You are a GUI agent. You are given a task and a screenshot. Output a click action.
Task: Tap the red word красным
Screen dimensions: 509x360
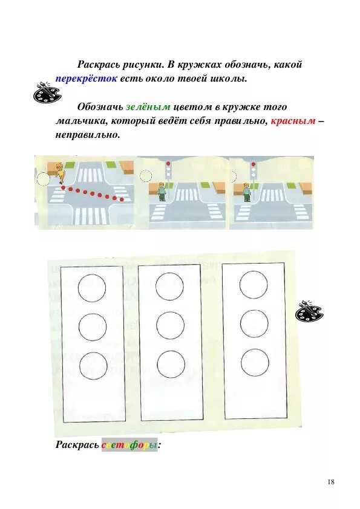(293, 121)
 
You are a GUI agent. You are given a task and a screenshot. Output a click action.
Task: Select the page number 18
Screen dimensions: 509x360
(330, 482)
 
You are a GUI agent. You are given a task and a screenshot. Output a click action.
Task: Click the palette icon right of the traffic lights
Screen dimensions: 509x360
(309, 312)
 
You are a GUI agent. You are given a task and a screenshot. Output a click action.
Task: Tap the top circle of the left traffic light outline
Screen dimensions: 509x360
(92, 288)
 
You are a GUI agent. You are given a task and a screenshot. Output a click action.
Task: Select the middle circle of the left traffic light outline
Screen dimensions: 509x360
(93, 327)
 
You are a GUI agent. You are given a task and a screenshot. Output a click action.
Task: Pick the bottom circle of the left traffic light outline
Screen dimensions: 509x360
(93, 365)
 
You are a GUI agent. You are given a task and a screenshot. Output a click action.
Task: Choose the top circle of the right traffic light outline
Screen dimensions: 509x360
(254, 284)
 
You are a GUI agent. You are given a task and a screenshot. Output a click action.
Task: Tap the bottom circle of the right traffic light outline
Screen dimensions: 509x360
(255, 362)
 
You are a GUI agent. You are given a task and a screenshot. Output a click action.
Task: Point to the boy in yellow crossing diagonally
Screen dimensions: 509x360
(60, 172)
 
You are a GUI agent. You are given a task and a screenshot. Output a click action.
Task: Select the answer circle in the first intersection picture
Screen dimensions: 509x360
(44, 179)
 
